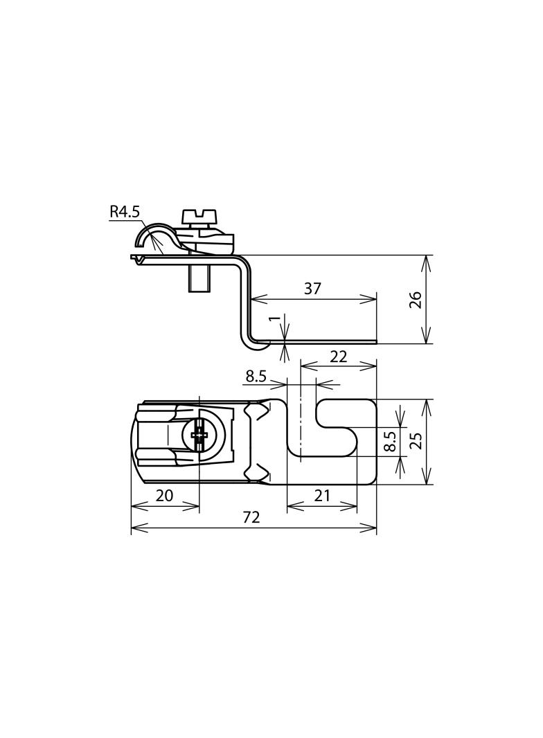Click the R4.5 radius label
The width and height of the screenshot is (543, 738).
pyautogui.click(x=125, y=212)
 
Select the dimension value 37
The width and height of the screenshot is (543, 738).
pyautogui.click(x=312, y=289)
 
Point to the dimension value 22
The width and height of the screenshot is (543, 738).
pyautogui.click(x=338, y=357)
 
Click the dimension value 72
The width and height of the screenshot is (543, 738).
pyautogui.click(x=251, y=517)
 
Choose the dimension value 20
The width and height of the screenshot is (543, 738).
pyautogui.click(x=164, y=495)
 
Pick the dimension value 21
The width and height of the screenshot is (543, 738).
pyautogui.click(x=322, y=495)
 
